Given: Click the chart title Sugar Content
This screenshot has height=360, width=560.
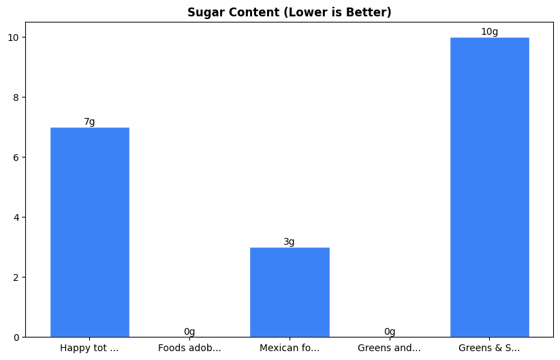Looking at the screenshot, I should coord(290,13).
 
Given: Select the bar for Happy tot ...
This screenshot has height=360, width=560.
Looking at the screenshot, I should coord(89,232).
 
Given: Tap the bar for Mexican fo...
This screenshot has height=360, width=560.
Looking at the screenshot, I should coord(290,292).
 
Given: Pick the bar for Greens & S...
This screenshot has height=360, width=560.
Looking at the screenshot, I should coord(489,187).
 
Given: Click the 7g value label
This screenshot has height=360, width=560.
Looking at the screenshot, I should coord(89,122).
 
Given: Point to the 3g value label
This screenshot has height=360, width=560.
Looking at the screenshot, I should coord(290,242).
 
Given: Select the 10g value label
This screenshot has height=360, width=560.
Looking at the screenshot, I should coord(489,32).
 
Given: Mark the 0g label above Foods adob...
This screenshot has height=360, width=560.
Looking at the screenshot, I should coord(189,332).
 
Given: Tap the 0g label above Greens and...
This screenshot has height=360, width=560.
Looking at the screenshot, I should coord(390,332).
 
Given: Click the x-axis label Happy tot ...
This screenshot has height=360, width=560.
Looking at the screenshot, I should coord(89,348).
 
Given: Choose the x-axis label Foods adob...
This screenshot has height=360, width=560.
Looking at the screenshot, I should coord(189,348).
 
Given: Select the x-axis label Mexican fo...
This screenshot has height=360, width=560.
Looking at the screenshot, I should coord(290,348).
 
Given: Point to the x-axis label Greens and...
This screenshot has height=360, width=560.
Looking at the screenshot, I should coord(390,348).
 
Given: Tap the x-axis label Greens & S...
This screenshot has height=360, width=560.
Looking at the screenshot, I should coord(489,348).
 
